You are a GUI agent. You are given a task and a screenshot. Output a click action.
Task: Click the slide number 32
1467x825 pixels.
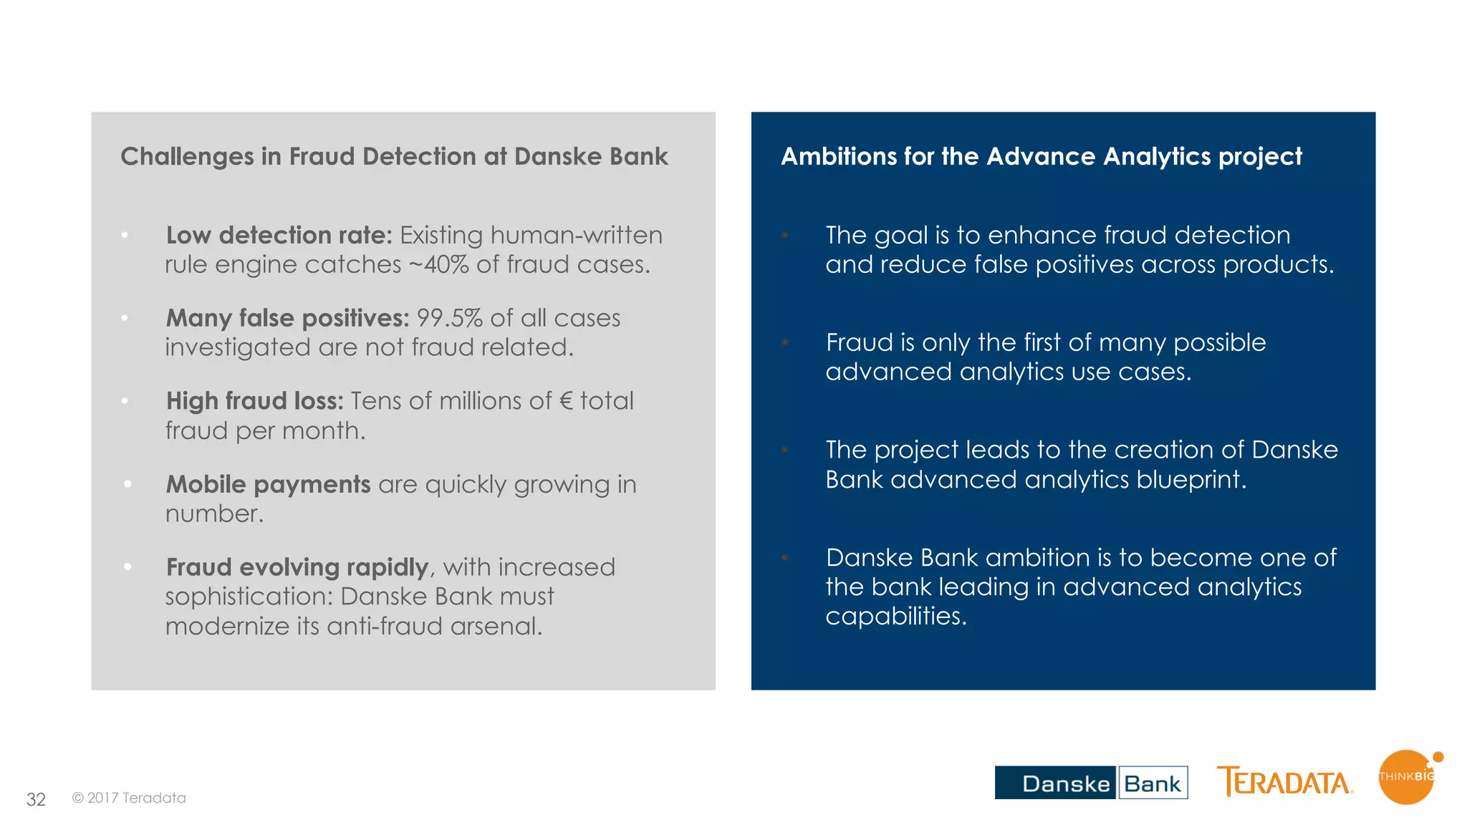(36, 799)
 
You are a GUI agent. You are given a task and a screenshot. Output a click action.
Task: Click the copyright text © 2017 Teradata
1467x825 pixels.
(129, 798)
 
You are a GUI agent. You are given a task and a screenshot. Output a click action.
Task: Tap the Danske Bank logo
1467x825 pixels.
(1090, 783)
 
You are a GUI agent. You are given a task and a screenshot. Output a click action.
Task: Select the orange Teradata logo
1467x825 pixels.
(1284, 782)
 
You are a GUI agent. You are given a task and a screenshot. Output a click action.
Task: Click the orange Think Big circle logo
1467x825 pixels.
(1406, 778)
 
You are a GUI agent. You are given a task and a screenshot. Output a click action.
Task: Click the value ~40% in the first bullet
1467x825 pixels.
(438, 265)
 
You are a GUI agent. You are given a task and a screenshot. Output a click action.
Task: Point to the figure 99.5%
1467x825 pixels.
(450, 318)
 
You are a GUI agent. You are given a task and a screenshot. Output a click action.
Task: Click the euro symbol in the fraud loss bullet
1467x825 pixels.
(566, 401)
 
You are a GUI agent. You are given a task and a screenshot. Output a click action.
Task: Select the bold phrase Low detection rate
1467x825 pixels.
(279, 236)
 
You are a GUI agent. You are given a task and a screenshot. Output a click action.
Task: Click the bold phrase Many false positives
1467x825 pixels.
(287, 318)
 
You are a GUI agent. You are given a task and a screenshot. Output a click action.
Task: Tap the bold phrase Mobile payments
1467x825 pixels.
(268, 485)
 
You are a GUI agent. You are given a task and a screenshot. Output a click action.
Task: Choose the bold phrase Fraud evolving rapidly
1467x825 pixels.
(297, 567)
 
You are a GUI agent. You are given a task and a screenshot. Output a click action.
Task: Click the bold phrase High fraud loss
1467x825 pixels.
(254, 401)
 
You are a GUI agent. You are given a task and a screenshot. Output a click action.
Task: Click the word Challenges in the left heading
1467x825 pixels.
(187, 157)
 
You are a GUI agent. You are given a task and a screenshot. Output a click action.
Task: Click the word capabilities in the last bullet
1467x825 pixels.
(895, 617)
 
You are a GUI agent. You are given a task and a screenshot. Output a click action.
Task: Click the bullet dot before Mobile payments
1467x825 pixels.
(128, 484)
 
